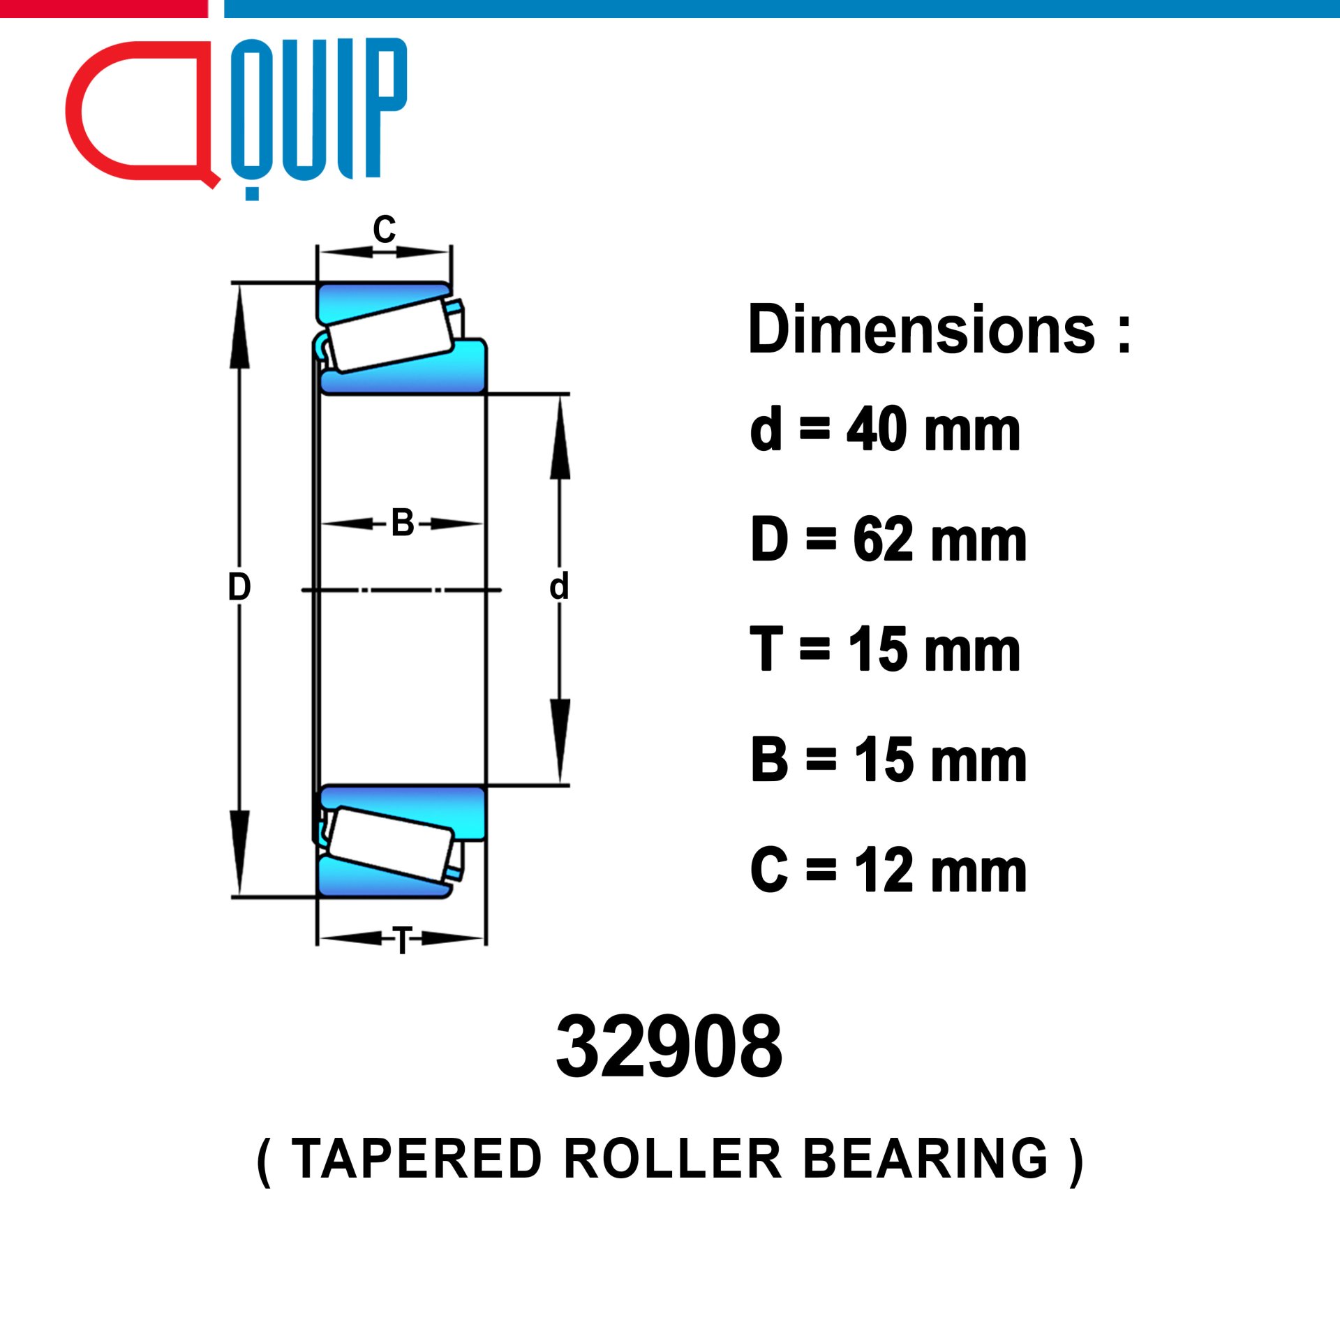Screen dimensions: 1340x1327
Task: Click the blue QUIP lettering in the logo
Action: coord(318,119)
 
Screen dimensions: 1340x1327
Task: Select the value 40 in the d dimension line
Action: coord(877,430)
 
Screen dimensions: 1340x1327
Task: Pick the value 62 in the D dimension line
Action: coord(883,540)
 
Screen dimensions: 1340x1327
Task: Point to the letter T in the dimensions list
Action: coord(766,649)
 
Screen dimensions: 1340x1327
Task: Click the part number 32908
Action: coord(669,1047)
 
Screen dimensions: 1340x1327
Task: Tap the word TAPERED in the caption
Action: coord(417,1159)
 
